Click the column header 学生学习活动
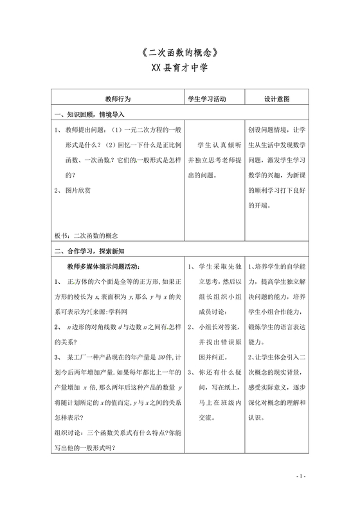(208, 100)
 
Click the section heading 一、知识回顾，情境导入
(94, 115)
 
